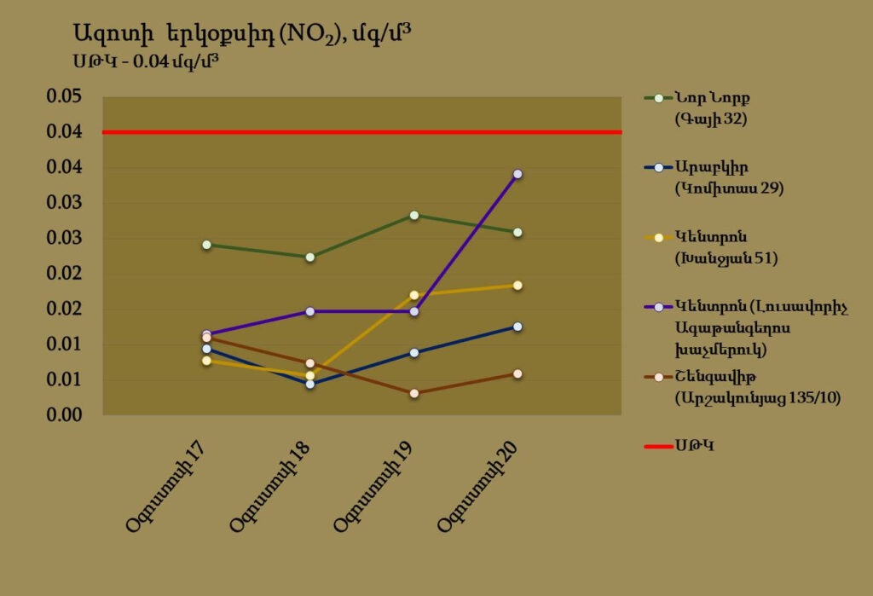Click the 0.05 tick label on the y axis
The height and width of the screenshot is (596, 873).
(x=63, y=96)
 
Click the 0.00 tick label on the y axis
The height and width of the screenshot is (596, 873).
(x=63, y=414)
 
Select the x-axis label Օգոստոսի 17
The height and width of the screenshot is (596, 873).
(x=165, y=487)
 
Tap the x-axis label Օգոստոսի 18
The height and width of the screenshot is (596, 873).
(x=269, y=487)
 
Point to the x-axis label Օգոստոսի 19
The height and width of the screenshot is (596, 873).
(x=373, y=487)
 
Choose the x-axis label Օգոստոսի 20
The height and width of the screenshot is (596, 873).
(x=477, y=487)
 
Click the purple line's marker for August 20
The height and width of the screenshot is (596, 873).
(x=517, y=174)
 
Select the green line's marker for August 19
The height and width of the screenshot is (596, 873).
(x=414, y=215)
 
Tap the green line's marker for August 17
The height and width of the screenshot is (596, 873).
(x=206, y=245)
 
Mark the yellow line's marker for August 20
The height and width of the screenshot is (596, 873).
(x=517, y=285)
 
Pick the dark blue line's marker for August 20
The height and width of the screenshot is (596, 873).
(x=517, y=327)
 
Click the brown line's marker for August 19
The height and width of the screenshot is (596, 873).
(x=414, y=393)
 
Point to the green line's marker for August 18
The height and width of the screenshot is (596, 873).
(x=310, y=257)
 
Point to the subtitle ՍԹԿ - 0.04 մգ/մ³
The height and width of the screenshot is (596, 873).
(x=142, y=62)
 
